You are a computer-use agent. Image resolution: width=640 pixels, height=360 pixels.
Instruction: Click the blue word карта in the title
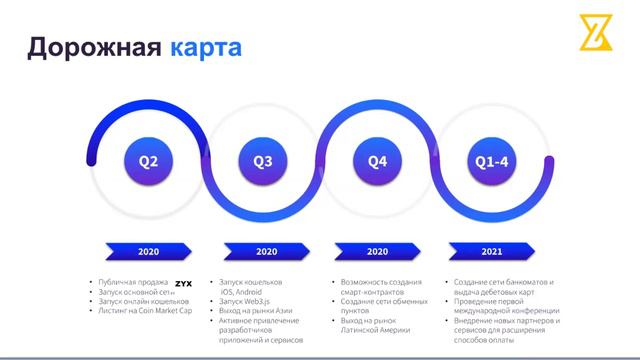pos(205,46)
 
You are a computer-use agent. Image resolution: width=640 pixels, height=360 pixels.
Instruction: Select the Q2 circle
pos(148,161)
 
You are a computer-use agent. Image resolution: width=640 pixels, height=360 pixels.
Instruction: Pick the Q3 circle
pos(264,161)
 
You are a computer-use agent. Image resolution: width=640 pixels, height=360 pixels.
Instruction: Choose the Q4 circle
pos(378,161)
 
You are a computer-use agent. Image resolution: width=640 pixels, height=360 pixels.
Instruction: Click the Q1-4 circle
pos(491,161)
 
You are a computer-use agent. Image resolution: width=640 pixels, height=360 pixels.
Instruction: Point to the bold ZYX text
pos(183,284)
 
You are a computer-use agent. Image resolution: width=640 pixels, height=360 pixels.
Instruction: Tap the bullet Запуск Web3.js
pos(246,301)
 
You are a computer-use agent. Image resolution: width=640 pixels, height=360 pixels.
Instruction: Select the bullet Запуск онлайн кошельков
pos(144,301)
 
